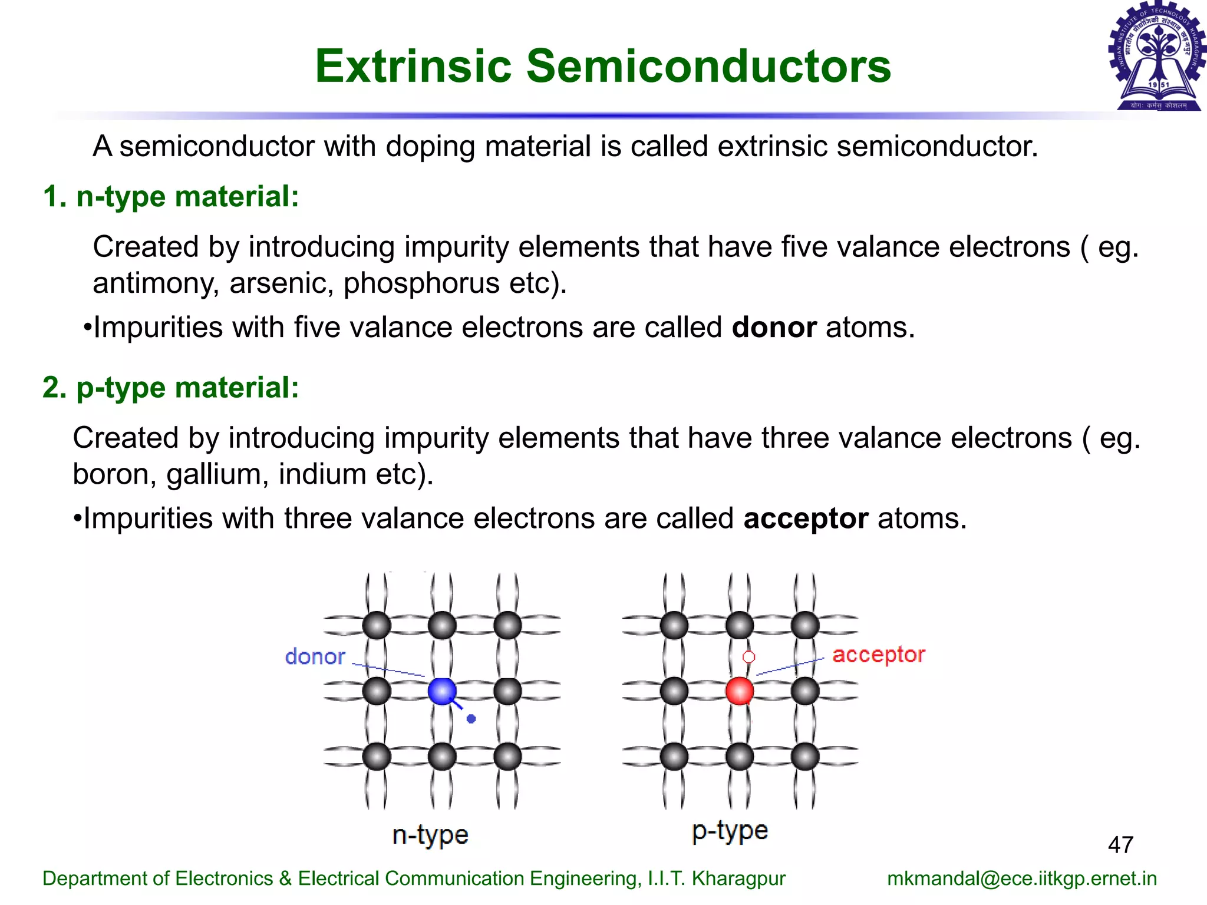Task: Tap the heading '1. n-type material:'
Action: click(171, 196)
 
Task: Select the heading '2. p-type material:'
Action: click(171, 388)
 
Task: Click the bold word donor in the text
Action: click(774, 327)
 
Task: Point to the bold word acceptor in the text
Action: click(806, 518)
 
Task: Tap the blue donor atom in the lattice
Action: click(442, 691)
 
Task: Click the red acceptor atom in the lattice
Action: click(740, 691)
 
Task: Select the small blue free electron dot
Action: click(471, 719)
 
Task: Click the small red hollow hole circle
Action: click(748, 656)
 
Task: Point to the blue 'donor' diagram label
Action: click(315, 656)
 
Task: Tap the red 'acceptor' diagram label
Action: click(878, 655)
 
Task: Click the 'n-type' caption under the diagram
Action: click(430, 835)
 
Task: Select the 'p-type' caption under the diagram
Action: click(730, 831)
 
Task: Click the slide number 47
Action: click(1120, 845)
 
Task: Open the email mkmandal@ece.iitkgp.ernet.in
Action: click(1022, 878)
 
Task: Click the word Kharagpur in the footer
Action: click(738, 878)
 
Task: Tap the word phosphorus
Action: click(421, 283)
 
